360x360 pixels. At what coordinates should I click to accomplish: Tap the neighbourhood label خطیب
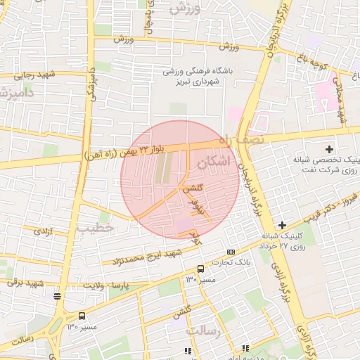[x=96, y=229]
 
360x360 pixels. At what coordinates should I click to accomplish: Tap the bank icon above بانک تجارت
[x=231, y=252]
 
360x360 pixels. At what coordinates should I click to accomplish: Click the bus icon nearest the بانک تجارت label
[x=200, y=269]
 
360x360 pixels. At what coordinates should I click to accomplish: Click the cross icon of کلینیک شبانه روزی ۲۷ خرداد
[x=282, y=225]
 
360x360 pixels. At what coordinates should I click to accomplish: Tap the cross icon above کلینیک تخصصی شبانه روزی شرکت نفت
[x=329, y=148]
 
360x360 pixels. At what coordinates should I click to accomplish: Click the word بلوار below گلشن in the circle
[x=199, y=205]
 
